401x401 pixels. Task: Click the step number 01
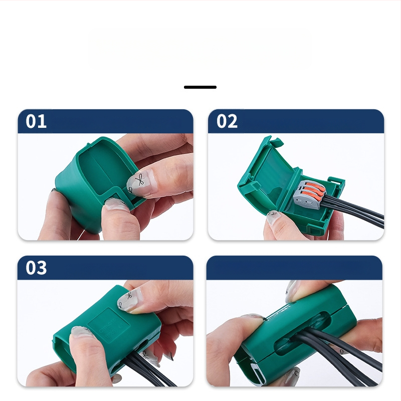pyautogui.click(x=36, y=121)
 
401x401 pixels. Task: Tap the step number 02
pyautogui.click(x=227, y=121)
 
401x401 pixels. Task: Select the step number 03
pyautogui.click(x=36, y=268)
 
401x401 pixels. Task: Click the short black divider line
pyautogui.click(x=200, y=87)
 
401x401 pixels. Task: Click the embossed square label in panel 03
pyautogui.click(x=108, y=325)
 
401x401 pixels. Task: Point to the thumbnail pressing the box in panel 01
pyautogui.click(x=116, y=204)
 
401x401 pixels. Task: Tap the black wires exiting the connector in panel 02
pyautogui.click(x=353, y=210)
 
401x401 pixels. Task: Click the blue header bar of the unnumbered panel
pyautogui.click(x=294, y=268)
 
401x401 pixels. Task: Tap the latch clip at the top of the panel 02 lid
pyautogui.click(x=276, y=141)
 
